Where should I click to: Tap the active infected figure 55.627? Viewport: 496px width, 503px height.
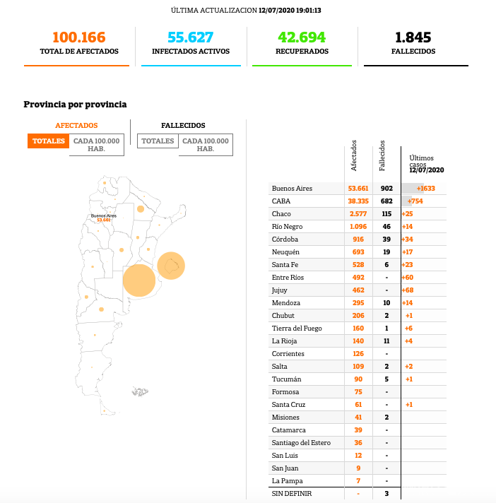190,37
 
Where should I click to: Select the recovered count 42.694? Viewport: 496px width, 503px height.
302,37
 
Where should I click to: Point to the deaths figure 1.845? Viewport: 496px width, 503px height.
413,37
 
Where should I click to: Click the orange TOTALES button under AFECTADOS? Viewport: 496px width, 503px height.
49,141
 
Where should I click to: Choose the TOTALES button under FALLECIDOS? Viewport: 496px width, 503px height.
158,141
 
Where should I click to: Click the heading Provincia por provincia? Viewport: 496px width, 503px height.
75,105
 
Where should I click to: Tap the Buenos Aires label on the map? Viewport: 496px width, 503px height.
103,215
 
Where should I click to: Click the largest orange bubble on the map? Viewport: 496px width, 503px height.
139,280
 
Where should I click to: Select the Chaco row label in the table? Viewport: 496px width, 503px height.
281,213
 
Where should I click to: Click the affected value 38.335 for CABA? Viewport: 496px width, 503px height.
358,201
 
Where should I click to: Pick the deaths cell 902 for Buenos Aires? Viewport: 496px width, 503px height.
386,188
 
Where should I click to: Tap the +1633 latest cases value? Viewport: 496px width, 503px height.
425,188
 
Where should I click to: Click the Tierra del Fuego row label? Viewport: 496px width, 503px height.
297,328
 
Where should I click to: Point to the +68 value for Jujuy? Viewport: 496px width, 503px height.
408,290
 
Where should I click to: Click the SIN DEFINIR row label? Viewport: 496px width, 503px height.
291,493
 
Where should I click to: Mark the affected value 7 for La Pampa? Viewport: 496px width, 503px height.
358,480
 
